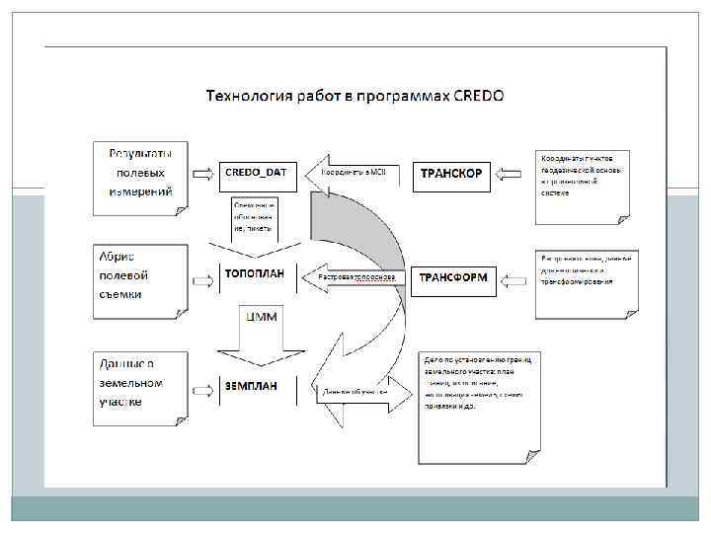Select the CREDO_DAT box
coord(256,173)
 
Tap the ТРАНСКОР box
coord(451,174)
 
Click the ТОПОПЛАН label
coord(255,273)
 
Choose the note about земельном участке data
coord(140,382)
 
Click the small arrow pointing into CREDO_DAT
coord(202,174)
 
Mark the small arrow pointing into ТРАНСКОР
coord(511,175)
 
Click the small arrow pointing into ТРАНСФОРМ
coord(511,279)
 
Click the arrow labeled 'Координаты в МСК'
coord(351,173)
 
